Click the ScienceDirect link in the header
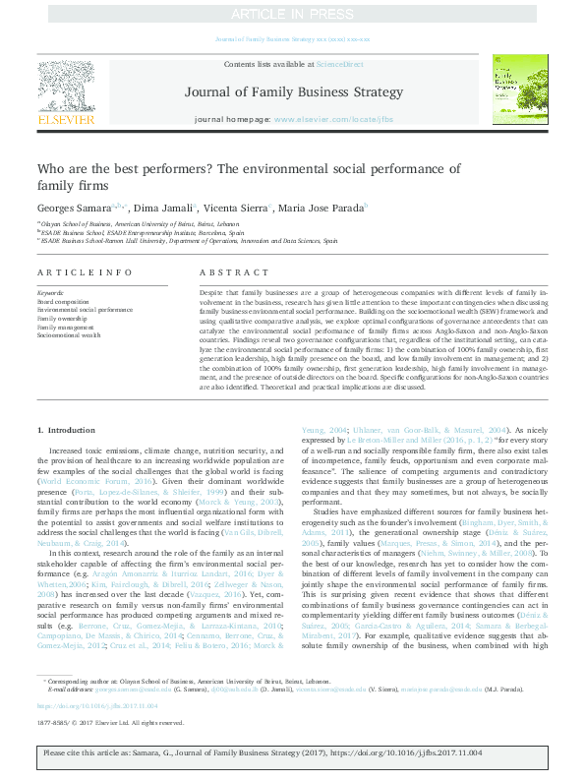[x=339, y=64]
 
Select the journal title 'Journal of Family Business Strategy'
[x=293, y=92]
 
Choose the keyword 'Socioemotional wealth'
[x=69, y=335]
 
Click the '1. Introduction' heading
[x=66, y=431]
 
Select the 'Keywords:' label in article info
[x=50, y=293]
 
